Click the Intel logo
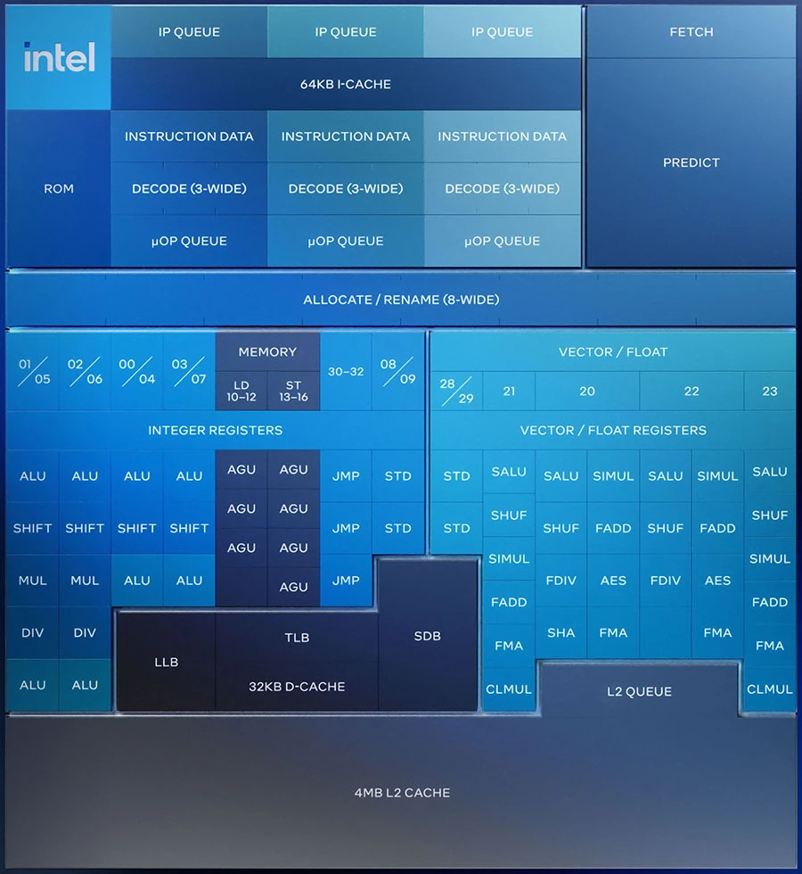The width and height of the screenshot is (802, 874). (x=59, y=58)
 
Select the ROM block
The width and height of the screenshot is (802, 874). (x=59, y=189)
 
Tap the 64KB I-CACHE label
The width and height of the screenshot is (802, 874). (x=346, y=85)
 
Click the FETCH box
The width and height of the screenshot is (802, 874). (x=691, y=32)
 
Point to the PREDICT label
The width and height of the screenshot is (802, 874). (x=691, y=162)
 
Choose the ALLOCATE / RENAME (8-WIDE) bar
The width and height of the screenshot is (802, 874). (x=401, y=300)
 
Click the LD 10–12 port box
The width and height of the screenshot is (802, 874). (x=241, y=391)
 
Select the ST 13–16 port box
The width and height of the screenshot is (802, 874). (x=293, y=391)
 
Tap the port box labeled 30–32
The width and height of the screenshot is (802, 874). (x=346, y=371)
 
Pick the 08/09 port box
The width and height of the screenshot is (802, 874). (x=397, y=371)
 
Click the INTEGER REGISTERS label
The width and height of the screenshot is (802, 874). (x=215, y=430)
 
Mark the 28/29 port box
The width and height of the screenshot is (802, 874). (x=456, y=391)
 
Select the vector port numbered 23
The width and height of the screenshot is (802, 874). (x=770, y=391)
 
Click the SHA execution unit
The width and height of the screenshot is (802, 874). (x=561, y=632)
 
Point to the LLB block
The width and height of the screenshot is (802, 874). (x=166, y=662)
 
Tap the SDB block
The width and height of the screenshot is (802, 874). (x=428, y=636)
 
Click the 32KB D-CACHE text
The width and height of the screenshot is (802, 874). (x=297, y=687)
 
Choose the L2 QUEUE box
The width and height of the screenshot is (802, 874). (x=639, y=691)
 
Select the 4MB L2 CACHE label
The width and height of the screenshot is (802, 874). (x=401, y=792)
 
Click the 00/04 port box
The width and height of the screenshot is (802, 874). (x=136, y=371)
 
